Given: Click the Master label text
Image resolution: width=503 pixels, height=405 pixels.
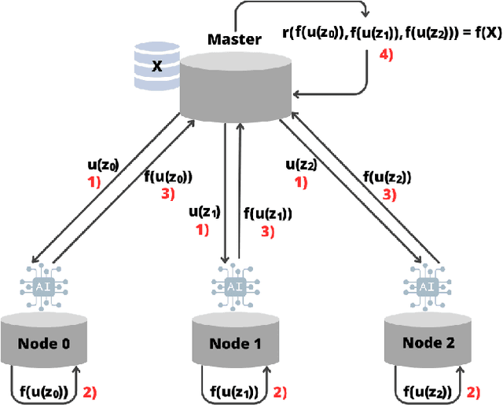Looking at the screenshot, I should click(x=233, y=39).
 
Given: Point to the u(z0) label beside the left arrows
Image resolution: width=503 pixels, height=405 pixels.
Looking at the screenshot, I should click(x=102, y=166).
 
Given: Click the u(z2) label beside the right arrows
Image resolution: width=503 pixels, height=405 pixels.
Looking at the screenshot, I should click(x=302, y=165).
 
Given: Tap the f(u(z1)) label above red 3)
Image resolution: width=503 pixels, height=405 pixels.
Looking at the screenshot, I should click(x=268, y=213).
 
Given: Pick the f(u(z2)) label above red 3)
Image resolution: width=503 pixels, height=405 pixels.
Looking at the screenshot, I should click(x=387, y=177).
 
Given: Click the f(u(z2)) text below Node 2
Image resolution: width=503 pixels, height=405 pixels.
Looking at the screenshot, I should click(x=427, y=391).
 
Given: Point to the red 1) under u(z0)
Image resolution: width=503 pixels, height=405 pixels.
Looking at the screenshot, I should click(x=94, y=183).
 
